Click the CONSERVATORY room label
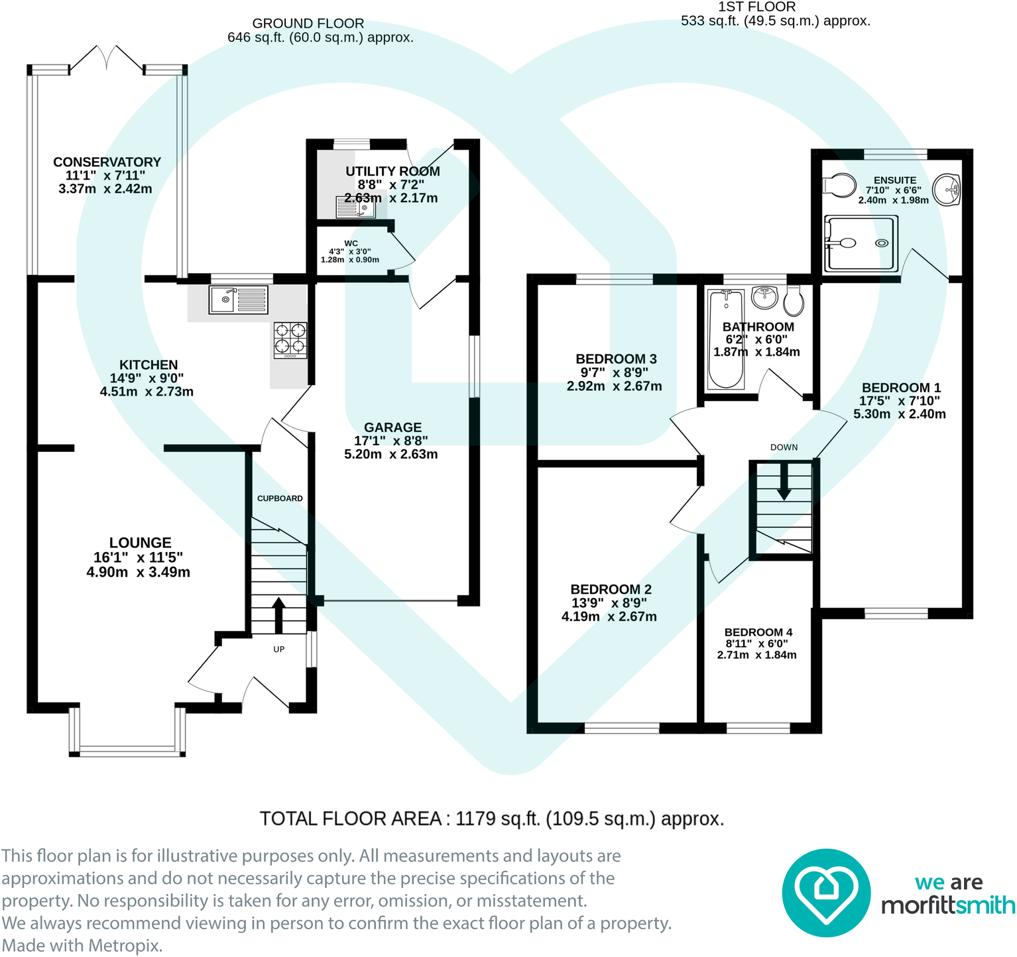click(x=107, y=162)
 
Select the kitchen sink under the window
click(x=239, y=300)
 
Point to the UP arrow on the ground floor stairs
click(x=278, y=615)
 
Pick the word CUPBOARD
click(x=280, y=498)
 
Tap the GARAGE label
click(x=392, y=427)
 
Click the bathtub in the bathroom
click(x=726, y=339)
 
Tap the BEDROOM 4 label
click(x=758, y=632)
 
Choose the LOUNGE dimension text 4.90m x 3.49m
click(x=139, y=572)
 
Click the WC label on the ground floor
click(x=351, y=243)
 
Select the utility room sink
click(x=356, y=207)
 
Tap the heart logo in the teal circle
click(x=825, y=893)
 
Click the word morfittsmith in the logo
click(x=948, y=905)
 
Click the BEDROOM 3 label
click(x=616, y=359)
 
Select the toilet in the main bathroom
click(x=794, y=300)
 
